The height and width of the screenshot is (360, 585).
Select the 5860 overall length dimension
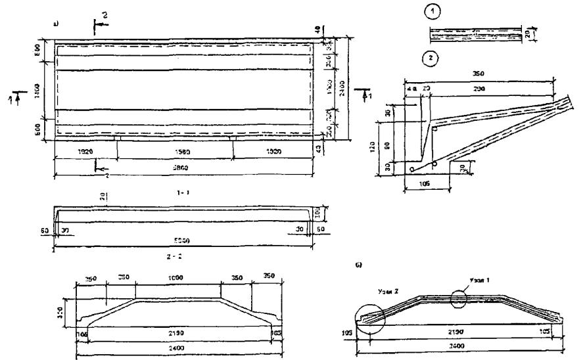pos(183,168)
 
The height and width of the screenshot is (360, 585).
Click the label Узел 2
pos(388,290)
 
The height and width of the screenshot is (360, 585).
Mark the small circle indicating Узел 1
pos(459,298)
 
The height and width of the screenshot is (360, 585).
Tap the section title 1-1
pos(183,193)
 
